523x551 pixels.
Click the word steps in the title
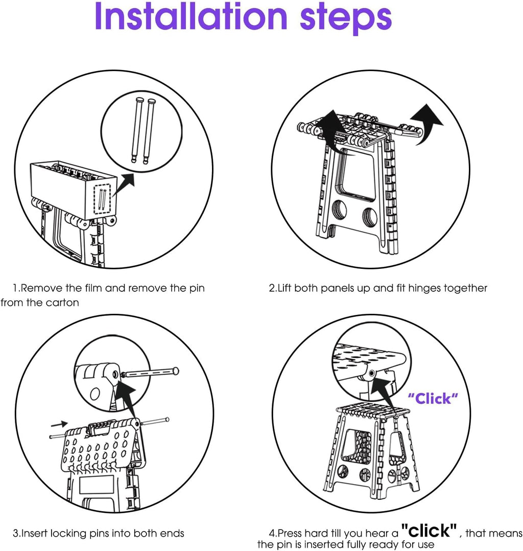click(344, 19)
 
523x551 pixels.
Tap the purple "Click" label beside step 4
click(433, 399)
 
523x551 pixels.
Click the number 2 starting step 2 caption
click(272, 288)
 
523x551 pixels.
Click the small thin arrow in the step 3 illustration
click(60, 424)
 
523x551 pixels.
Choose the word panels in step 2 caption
click(339, 288)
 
